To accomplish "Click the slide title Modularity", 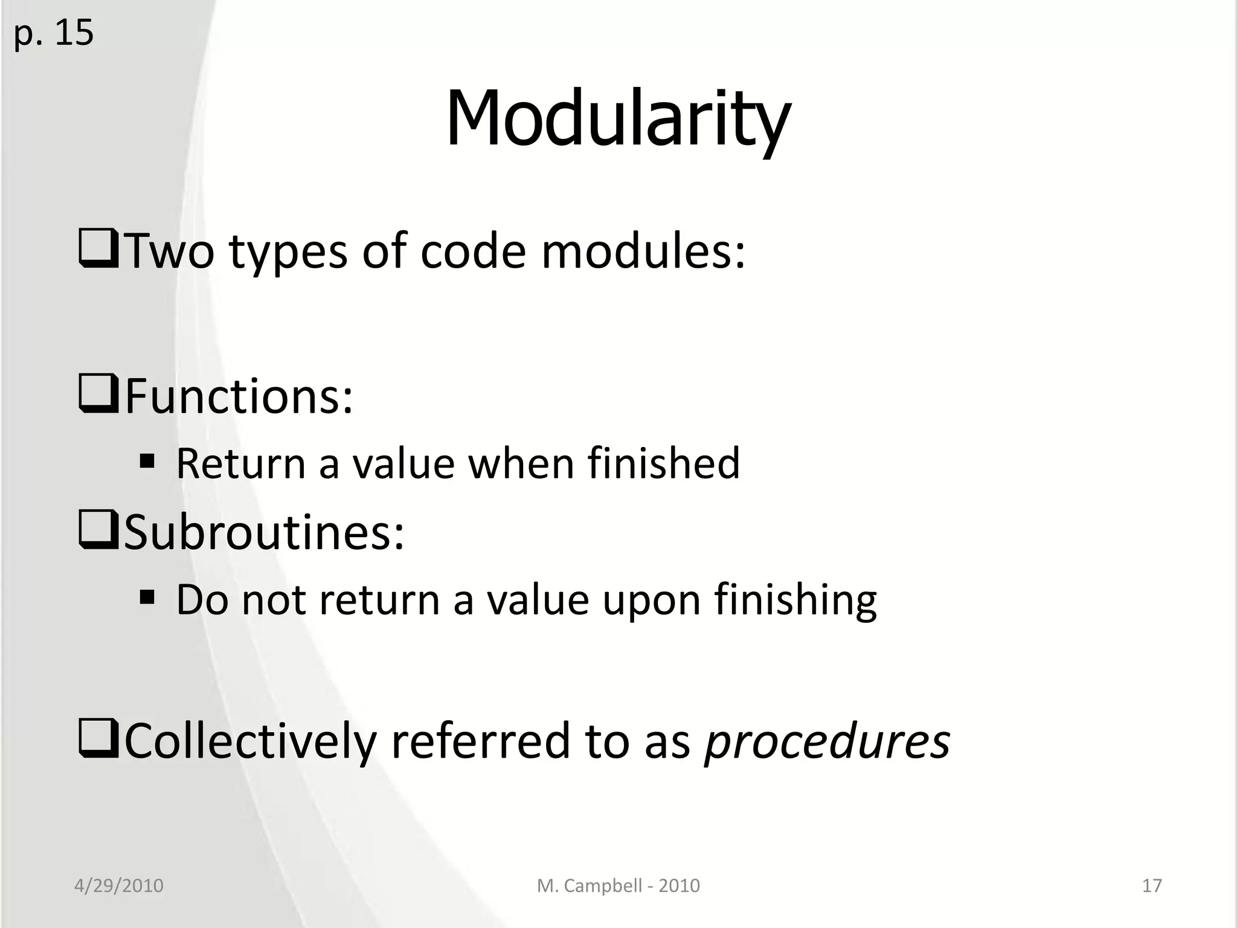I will click(x=617, y=118).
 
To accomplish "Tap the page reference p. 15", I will click(x=53, y=33).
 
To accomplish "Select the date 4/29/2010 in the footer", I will click(x=118, y=886).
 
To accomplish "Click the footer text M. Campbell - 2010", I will click(x=618, y=886).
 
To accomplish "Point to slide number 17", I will click(x=1152, y=886).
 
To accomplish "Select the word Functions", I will click(x=238, y=396).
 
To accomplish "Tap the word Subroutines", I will click(x=263, y=532).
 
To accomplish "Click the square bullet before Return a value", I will click(x=147, y=463).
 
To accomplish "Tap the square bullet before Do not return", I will click(x=147, y=599).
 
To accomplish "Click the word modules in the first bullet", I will click(x=643, y=251).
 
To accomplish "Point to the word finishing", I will click(x=795, y=600).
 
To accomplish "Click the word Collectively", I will click(x=250, y=742).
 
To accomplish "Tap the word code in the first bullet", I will click(x=473, y=251).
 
